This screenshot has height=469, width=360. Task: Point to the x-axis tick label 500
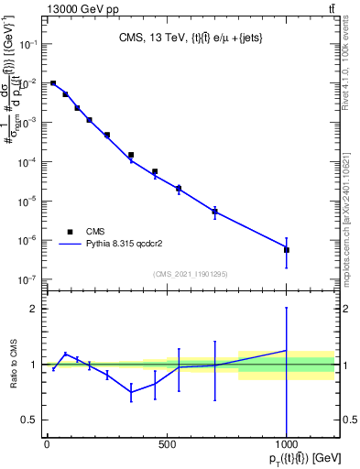click(167, 445)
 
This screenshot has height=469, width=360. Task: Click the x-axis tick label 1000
click(287, 445)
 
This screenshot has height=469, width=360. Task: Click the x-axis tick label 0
click(47, 445)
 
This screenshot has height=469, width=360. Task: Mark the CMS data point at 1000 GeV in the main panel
click(287, 250)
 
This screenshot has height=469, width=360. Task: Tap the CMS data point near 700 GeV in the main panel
click(214, 212)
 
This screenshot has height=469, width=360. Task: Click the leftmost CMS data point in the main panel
click(53, 83)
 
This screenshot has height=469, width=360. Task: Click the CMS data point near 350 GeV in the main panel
click(131, 155)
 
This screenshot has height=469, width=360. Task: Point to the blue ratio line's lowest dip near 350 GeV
click(131, 392)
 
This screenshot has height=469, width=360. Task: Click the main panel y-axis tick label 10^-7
click(28, 279)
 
